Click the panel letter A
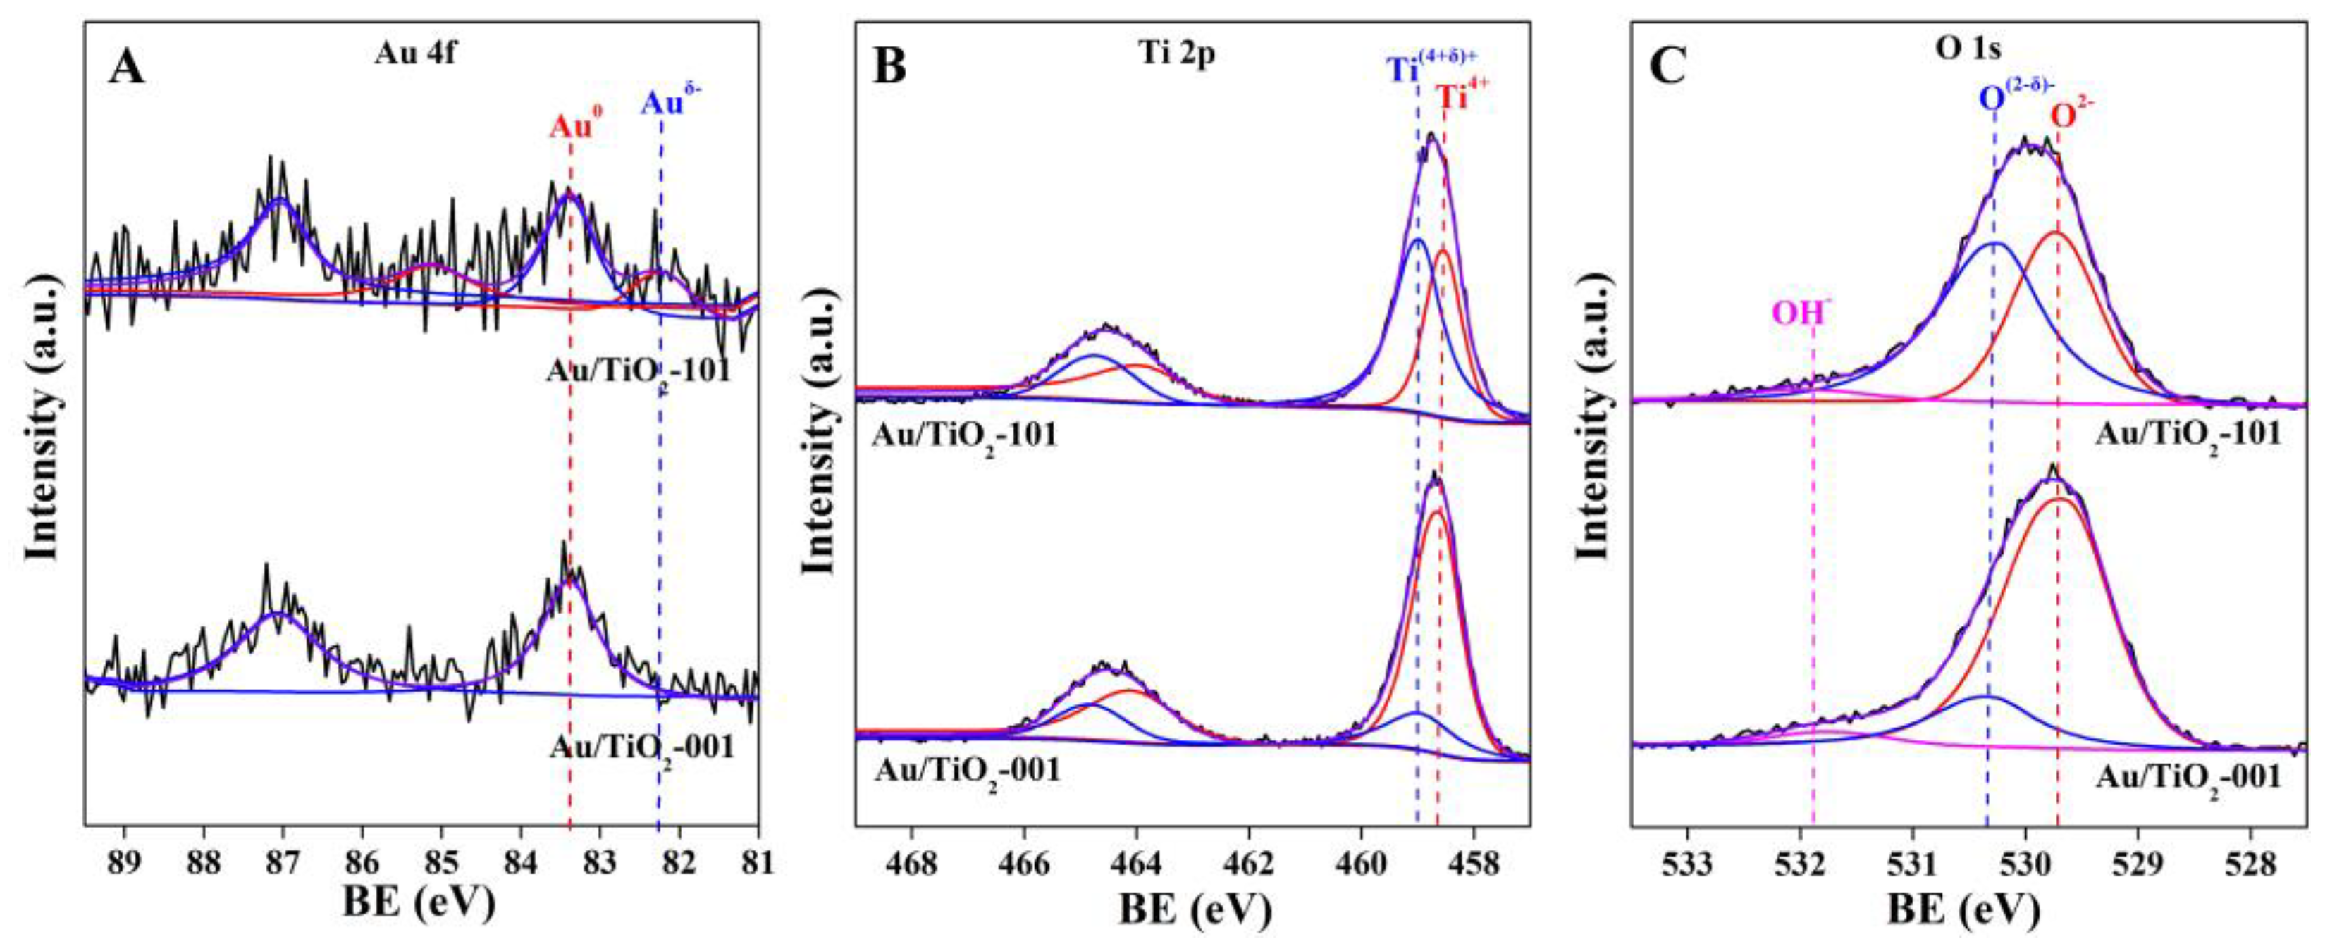(x=125, y=67)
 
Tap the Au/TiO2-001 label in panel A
(x=641, y=747)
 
